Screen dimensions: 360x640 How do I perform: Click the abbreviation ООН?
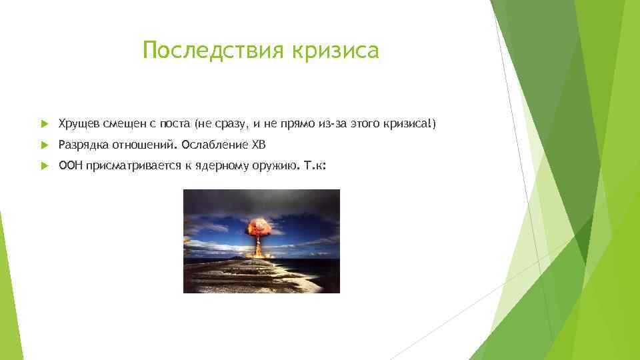coord(69,166)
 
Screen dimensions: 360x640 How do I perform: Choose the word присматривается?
coord(125,166)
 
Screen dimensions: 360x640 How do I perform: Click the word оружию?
coord(269,166)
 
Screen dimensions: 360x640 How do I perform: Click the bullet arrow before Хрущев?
coord(44,124)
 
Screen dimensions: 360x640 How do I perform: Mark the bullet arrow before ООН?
coord(44,167)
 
